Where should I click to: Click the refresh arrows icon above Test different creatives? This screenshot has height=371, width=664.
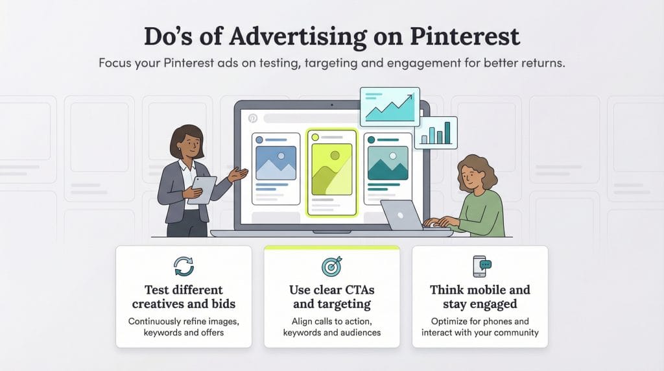tap(184, 266)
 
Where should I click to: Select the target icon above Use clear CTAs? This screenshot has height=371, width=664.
tap(331, 266)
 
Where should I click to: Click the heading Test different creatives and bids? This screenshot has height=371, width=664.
tap(184, 296)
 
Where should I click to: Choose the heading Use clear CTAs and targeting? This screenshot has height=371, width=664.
tap(331, 296)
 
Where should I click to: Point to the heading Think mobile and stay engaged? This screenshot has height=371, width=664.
tap(480, 296)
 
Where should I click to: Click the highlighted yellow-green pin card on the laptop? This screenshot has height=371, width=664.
tap(332, 172)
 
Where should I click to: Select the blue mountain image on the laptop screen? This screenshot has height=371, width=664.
tap(276, 163)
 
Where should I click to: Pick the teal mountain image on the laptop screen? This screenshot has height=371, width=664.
tap(388, 163)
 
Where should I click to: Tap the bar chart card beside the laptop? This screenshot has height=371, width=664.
tap(436, 132)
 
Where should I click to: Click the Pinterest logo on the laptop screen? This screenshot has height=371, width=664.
tap(252, 119)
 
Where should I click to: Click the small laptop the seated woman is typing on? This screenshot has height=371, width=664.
tap(402, 215)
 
